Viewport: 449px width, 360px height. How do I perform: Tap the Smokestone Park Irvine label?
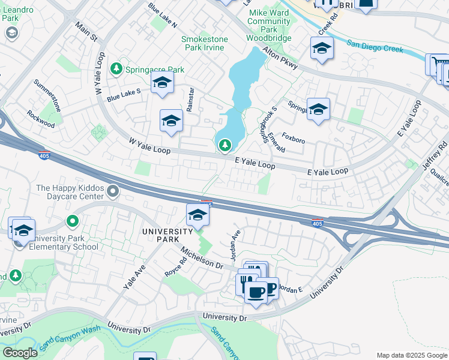click(x=205, y=44)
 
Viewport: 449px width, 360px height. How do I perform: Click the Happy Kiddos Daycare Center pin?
click(x=113, y=191)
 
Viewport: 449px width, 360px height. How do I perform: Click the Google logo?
click(x=20, y=352)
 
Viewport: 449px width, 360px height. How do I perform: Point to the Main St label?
click(x=86, y=32)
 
